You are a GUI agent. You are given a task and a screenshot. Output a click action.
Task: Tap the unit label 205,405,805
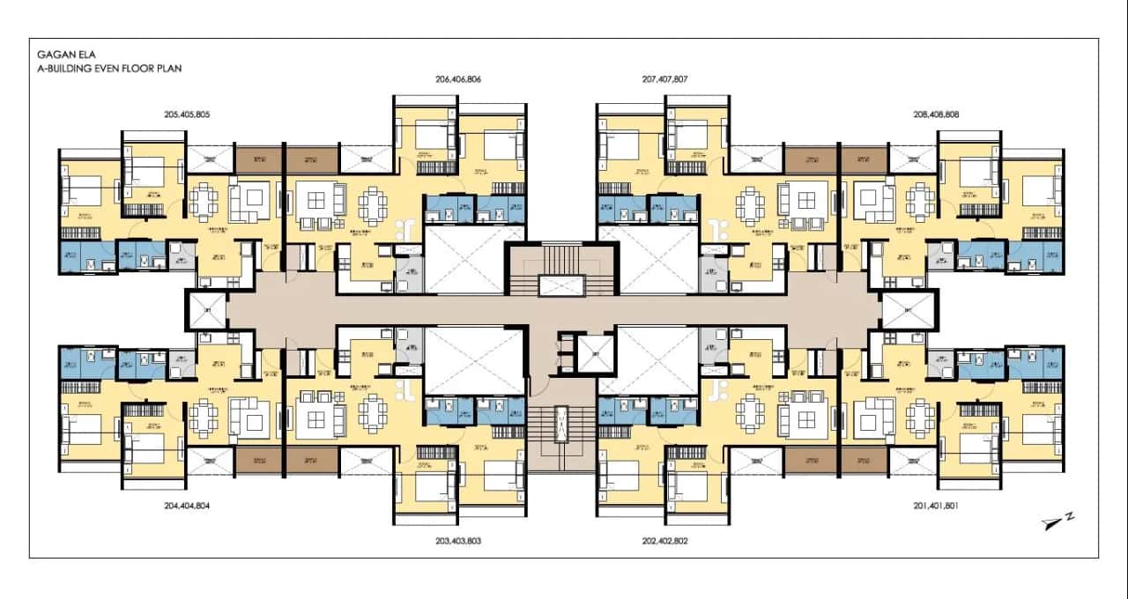click(x=187, y=115)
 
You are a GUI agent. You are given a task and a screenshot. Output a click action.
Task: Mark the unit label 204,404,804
click(x=187, y=507)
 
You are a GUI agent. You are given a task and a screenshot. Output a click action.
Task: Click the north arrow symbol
click(x=1057, y=522)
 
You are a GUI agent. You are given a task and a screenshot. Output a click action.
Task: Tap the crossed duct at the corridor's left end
click(x=207, y=310)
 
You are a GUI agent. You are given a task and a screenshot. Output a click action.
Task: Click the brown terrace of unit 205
click(x=258, y=159)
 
